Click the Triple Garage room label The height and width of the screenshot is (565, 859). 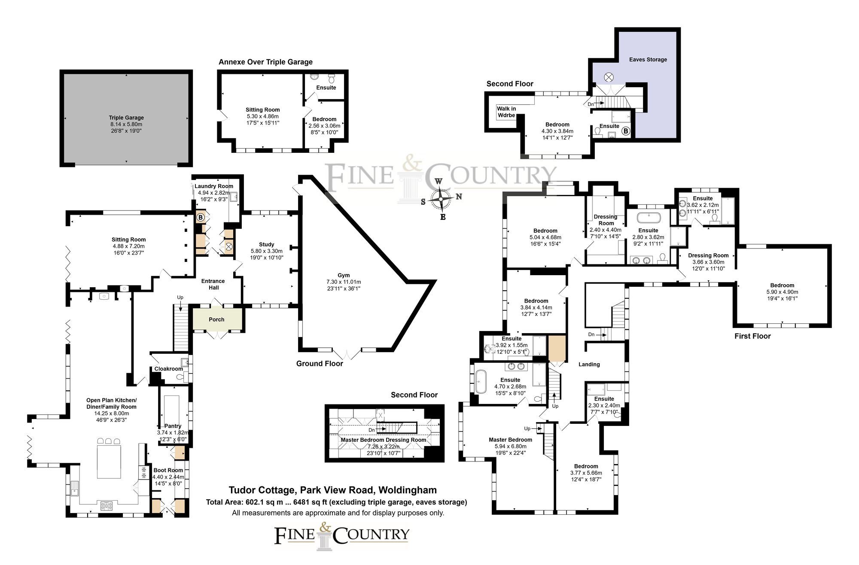[x=126, y=118]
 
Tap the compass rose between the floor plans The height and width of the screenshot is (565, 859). [x=441, y=199]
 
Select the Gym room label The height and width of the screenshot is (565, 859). [x=344, y=275]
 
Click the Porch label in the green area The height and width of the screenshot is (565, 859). [x=216, y=319]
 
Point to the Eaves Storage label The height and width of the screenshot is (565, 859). [x=648, y=60]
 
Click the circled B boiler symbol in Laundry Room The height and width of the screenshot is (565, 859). [x=200, y=218]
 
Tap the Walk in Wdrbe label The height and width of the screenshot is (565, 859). [x=506, y=112]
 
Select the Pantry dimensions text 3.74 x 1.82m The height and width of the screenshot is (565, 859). [x=173, y=433]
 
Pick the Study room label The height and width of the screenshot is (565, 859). [x=266, y=244]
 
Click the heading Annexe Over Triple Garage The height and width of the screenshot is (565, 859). [x=265, y=62]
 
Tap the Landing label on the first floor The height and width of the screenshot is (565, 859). [x=589, y=364]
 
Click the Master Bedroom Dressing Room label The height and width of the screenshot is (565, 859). [x=383, y=440]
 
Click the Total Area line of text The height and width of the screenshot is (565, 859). [x=336, y=502]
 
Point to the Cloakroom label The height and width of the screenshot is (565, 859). [x=168, y=369]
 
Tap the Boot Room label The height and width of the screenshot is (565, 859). [x=168, y=470]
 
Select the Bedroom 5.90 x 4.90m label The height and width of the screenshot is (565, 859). [x=782, y=286]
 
